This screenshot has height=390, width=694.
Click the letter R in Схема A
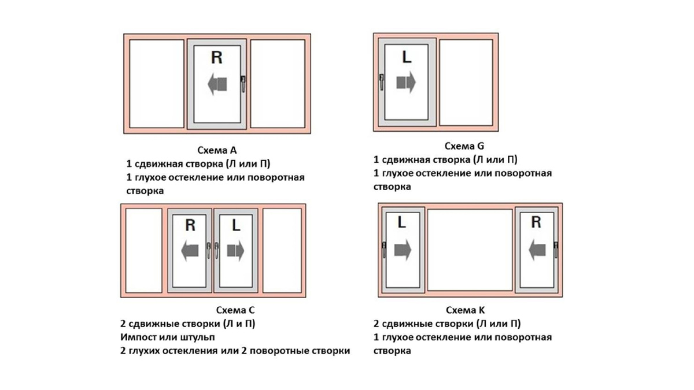coord(216,57)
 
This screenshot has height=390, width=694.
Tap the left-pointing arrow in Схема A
coord(217,84)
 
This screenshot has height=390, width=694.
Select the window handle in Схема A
coord(243,84)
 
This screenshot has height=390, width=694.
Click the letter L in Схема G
coord(407,57)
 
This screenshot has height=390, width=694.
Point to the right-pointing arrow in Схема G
coord(406,82)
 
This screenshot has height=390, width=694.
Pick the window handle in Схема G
coord(381,82)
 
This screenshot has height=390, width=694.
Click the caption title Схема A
coord(217,150)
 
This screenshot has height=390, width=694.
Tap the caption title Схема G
coord(464,146)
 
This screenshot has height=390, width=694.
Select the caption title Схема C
coord(235,310)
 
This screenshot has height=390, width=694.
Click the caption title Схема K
coord(465,310)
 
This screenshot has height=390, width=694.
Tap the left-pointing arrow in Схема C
coord(190,251)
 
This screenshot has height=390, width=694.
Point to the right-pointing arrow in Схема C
coord(235,251)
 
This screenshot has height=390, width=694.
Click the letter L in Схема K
coord(401,222)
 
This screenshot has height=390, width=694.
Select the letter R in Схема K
coord(536,222)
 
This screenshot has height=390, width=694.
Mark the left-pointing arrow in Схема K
coord(537,250)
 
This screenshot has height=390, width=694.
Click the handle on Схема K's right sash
coord(556,250)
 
